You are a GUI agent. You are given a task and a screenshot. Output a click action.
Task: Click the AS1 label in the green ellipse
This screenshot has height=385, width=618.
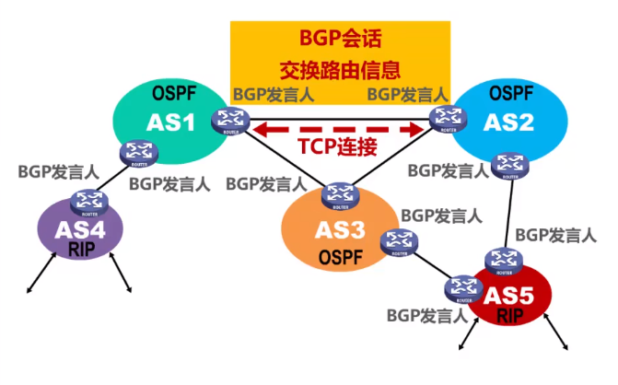click(x=171, y=122)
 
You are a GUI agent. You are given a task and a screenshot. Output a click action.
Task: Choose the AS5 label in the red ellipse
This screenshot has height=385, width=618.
click(x=509, y=297)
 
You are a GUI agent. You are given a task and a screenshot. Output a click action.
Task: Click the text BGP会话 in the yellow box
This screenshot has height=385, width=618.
click(x=340, y=38)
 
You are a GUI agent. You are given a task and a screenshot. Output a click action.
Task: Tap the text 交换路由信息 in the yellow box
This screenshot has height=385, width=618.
click(x=340, y=70)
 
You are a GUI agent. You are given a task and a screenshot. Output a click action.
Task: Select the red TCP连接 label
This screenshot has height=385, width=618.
click(x=337, y=146)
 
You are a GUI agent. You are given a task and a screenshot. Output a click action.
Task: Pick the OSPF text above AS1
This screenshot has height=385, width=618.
click(x=173, y=93)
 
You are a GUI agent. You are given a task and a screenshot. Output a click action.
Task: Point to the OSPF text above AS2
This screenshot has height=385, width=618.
click(x=512, y=93)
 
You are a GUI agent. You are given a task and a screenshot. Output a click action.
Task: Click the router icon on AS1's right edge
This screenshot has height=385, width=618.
click(x=226, y=119)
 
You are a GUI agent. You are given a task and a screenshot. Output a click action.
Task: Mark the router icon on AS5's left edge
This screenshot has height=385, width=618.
click(x=457, y=289)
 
